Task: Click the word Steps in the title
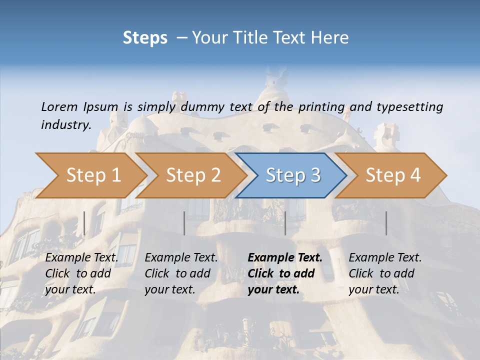[x=145, y=38]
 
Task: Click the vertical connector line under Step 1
[x=84, y=223]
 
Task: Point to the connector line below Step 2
[x=184, y=223]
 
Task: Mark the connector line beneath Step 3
[x=285, y=223]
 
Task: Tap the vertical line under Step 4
[x=386, y=223]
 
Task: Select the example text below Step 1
[x=81, y=273]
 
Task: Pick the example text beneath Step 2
[x=181, y=273]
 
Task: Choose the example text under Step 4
[x=385, y=273]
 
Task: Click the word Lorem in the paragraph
[x=59, y=106]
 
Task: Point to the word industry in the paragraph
[x=66, y=125]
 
